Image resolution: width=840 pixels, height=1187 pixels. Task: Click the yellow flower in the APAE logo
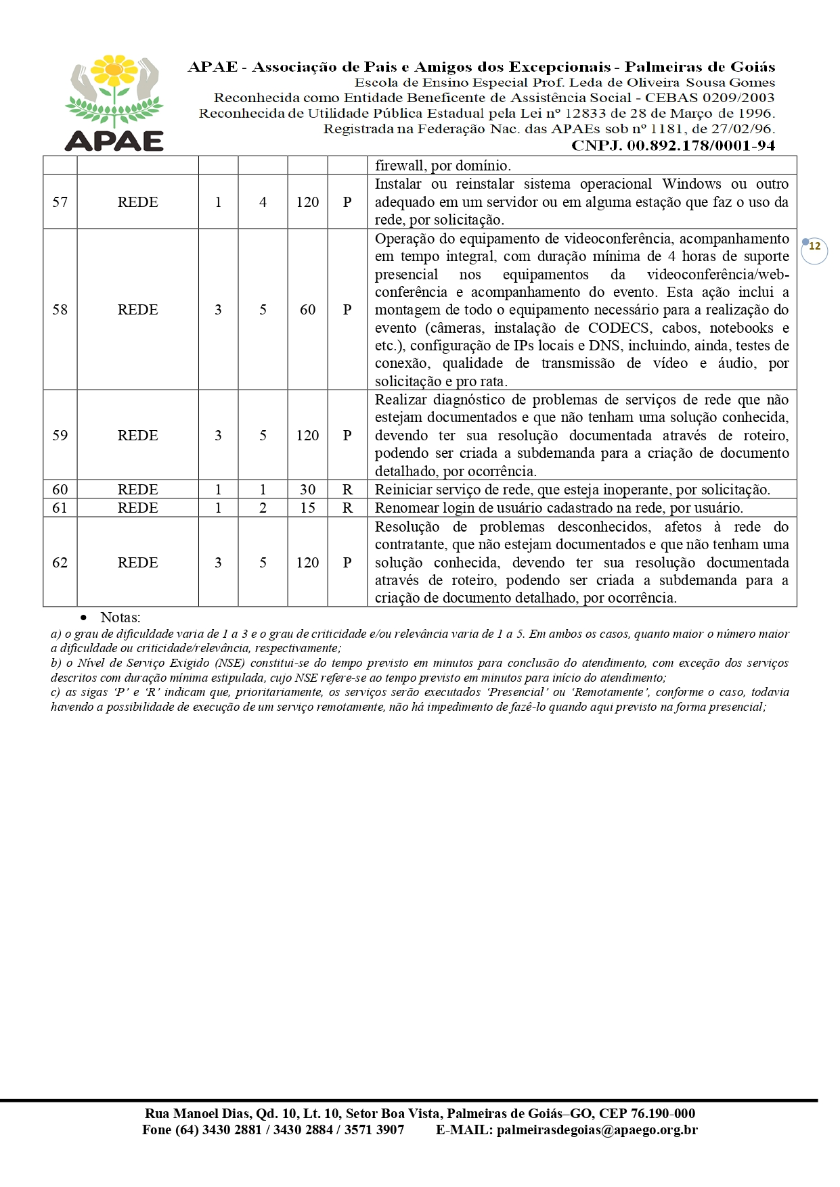click(114, 70)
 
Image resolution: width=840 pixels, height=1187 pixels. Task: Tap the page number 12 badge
click(814, 247)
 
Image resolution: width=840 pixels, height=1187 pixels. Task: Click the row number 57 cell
click(60, 202)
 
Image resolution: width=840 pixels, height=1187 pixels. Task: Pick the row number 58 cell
click(60, 310)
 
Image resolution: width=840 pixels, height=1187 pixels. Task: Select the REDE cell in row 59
click(137, 436)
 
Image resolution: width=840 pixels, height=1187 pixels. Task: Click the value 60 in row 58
click(307, 310)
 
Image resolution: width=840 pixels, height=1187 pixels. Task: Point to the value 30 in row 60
click(307, 490)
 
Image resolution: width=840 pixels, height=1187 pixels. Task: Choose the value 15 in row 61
click(307, 508)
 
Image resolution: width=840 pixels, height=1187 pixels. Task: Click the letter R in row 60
click(347, 490)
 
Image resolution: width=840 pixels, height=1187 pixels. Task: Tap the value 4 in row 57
click(263, 202)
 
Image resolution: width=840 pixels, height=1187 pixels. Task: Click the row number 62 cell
click(60, 563)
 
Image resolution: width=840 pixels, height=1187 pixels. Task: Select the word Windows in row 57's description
click(691, 184)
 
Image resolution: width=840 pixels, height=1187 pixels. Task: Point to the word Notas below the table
click(120, 618)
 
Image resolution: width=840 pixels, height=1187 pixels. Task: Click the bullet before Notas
click(84, 618)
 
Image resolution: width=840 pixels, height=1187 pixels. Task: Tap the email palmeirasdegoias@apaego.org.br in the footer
click(596, 1130)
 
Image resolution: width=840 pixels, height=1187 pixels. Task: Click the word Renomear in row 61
click(406, 508)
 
